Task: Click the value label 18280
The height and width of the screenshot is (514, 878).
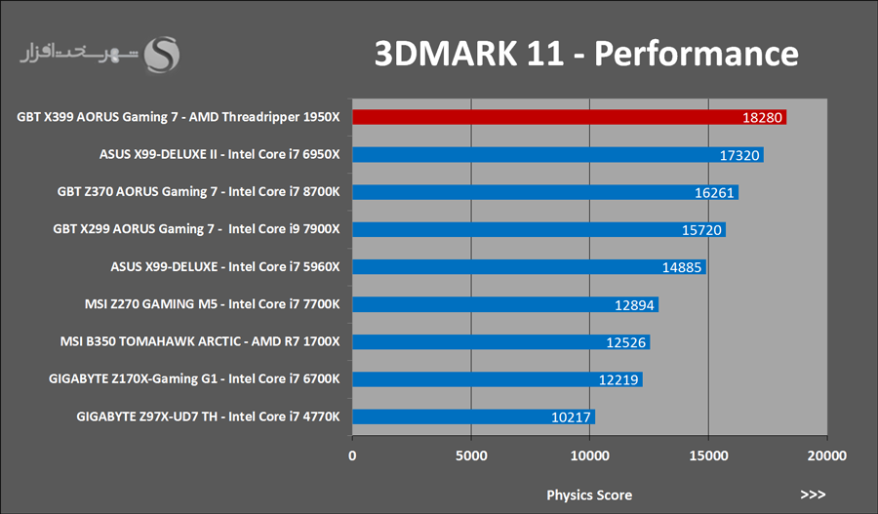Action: pyautogui.click(x=762, y=118)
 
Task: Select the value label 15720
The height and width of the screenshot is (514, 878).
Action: pyautogui.click(x=701, y=230)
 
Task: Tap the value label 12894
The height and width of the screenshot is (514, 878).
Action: pyautogui.click(x=634, y=305)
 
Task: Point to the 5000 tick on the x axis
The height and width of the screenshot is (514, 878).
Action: pyautogui.click(x=471, y=455)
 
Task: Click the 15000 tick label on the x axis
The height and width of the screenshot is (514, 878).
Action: pyautogui.click(x=708, y=455)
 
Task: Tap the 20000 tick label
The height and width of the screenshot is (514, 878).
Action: pyautogui.click(x=826, y=455)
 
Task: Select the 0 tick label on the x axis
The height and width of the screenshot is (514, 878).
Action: pyautogui.click(x=353, y=455)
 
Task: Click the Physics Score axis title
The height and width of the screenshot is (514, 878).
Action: pyautogui.click(x=588, y=494)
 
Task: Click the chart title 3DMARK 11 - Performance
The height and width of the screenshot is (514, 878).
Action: pyautogui.click(x=586, y=53)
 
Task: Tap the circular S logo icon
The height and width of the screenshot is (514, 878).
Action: pyautogui.click(x=162, y=55)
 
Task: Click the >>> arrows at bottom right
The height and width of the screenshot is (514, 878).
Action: pyautogui.click(x=813, y=494)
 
